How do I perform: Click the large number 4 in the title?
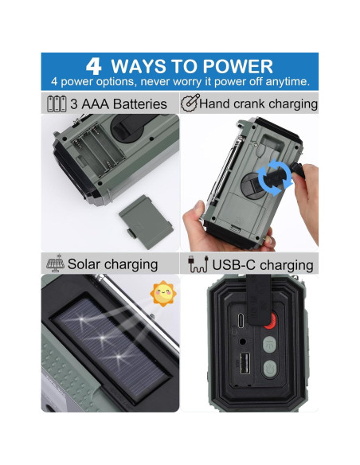coord(93,66)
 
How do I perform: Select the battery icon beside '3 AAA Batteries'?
coord(57,104)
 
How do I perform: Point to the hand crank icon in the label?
coord(190,103)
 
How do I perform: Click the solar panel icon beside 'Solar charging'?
coord(55,264)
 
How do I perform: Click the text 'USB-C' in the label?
coord(233,264)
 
